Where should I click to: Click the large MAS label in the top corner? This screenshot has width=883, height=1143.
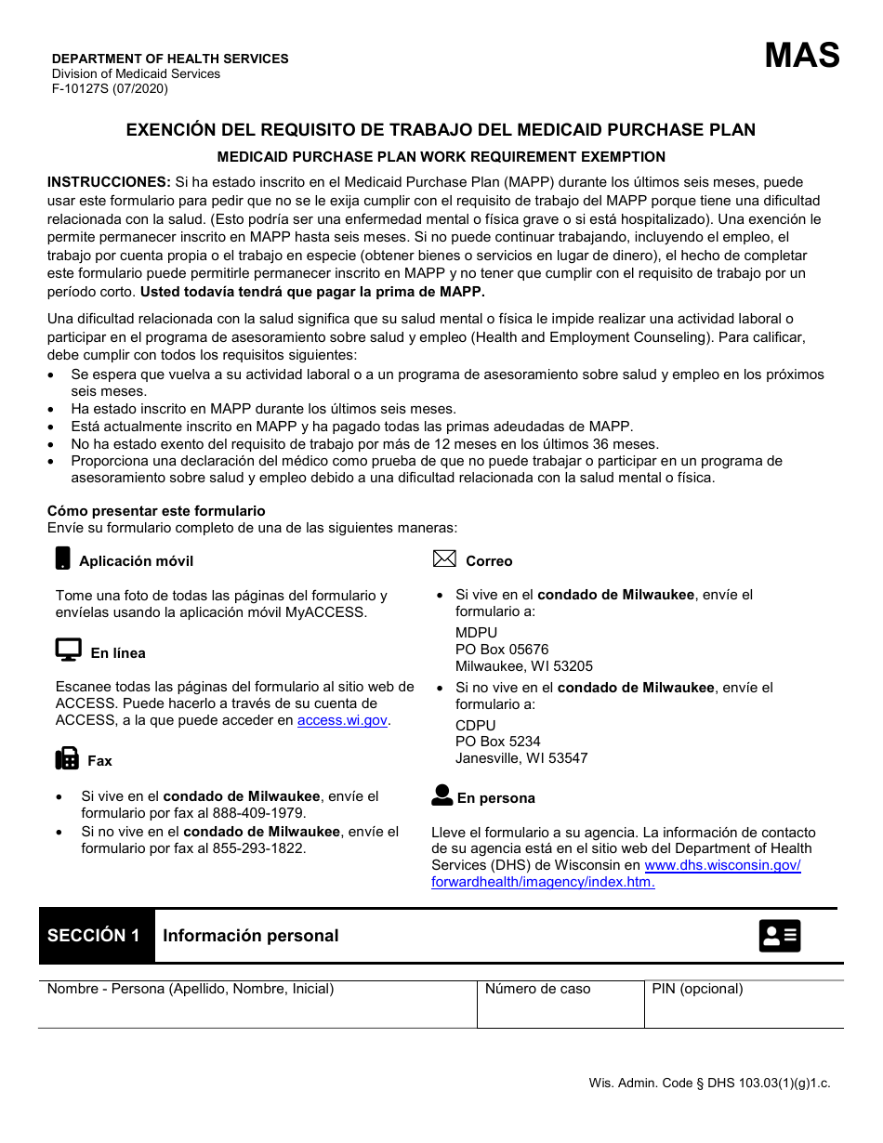pyautogui.click(x=801, y=56)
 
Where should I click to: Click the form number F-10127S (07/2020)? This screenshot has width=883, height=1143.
pyautogui.click(x=110, y=89)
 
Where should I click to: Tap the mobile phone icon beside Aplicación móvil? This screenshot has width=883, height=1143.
pyautogui.click(x=63, y=558)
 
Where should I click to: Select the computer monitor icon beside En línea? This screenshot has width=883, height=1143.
pyautogui.click(x=68, y=650)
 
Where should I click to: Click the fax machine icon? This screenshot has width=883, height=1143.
pyautogui.click(x=67, y=758)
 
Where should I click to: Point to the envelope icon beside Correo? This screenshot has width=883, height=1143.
pyautogui.click(x=444, y=558)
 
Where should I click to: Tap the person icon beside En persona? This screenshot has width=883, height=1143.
pyautogui.click(x=442, y=795)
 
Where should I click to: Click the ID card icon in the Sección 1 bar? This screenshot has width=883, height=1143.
pyautogui.click(x=779, y=936)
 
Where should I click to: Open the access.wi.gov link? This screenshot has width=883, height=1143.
pyautogui.click(x=342, y=720)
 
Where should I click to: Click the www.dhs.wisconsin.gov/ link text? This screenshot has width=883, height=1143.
pyautogui.click(x=722, y=865)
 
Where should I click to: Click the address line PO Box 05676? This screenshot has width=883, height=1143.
pyautogui.click(x=502, y=650)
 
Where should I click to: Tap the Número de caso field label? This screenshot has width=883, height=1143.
pyautogui.click(x=537, y=989)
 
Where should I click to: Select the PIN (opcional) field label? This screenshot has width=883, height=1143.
pyautogui.click(x=697, y=989)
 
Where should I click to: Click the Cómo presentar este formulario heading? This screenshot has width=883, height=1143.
pyautogui.click(x=156, y=511)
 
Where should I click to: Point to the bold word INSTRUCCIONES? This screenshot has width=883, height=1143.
pyautogui.click(x=109, y=182)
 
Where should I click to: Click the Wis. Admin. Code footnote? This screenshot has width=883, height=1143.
pyautogui.click(x=709, y=1083)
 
